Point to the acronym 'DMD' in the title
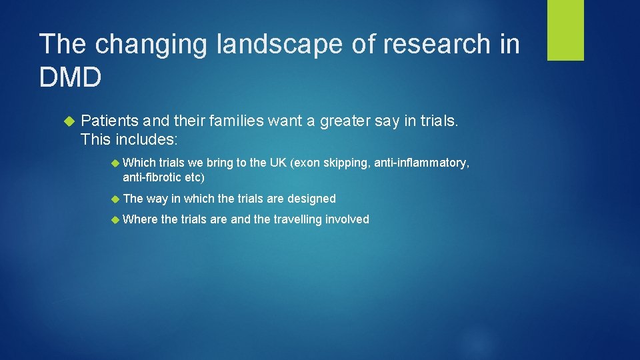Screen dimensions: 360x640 point(71,78)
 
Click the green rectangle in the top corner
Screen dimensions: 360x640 point(565,30)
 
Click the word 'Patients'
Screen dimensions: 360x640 point(110,121)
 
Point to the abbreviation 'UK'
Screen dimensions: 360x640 point(277,163)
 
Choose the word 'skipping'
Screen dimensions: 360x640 point(346,163)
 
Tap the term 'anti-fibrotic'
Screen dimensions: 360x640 point(153,177)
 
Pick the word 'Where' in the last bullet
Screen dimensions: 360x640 point(139,219)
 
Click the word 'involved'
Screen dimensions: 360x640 point(347,219)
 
